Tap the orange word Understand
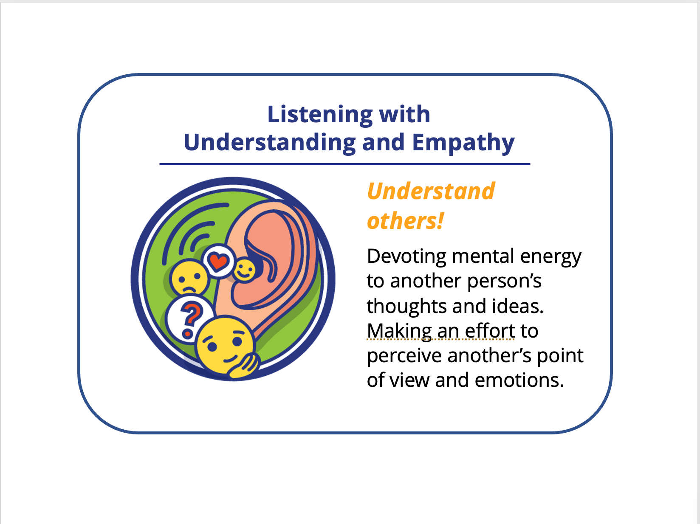pos(431,191)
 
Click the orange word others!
pos(405,221)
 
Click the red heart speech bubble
pos(218,261)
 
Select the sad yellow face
pos(189,279)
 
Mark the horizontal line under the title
pos(344,164)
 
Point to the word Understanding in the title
pos(269,142)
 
